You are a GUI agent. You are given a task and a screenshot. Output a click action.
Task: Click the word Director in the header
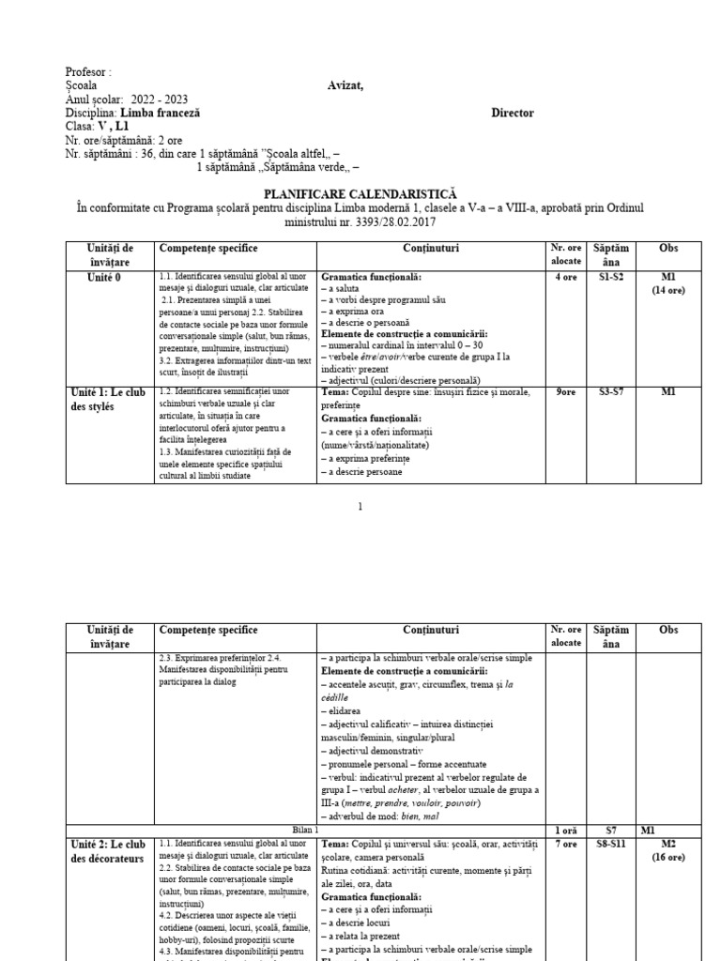click(x=513, y=113)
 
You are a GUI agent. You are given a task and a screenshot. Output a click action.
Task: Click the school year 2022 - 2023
click(x=155, y=99)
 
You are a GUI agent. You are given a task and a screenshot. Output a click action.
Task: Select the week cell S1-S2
click(x=612, y=277)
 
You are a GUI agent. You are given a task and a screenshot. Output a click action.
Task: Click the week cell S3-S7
click(x=612, y=392)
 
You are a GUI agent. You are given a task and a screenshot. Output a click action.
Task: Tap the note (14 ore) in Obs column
click(x=668, y=291)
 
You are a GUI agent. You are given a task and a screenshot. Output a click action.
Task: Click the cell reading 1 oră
click(x=566, y=830)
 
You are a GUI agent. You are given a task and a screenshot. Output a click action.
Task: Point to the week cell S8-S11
click(x=612, y=844)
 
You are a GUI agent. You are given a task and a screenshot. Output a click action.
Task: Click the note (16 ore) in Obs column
click(x=668, y=858)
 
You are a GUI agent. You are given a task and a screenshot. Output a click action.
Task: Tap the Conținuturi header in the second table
click(x=431, y=631)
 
